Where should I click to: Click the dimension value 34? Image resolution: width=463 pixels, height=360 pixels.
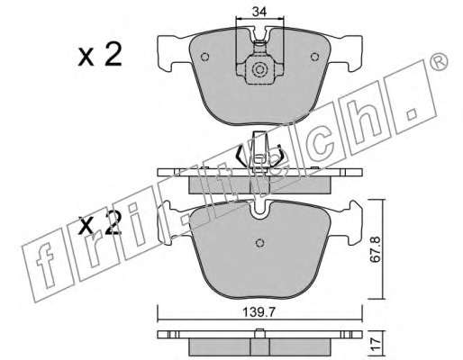point(259,12)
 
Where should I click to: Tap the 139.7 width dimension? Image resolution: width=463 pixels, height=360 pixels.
point(259,313)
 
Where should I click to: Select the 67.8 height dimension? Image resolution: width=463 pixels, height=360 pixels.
point(375,249)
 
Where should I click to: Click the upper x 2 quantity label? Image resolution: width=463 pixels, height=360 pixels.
point(100,54)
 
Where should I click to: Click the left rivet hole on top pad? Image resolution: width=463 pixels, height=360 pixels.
point(204,57)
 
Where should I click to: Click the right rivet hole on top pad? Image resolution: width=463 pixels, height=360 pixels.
point(314,57)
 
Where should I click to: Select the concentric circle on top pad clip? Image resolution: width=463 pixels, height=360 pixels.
point(259,70)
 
